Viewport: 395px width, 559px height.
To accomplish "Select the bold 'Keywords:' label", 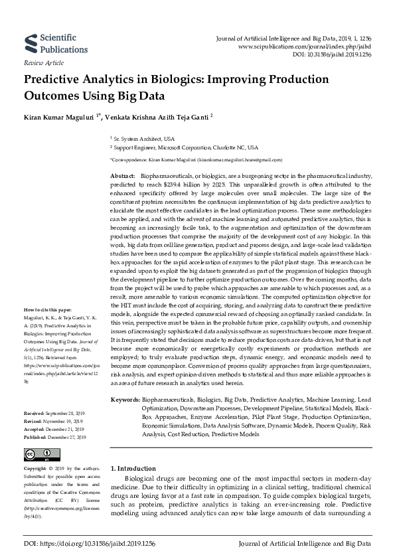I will coord(125,400).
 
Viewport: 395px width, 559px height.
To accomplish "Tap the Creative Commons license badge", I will coord(38,455).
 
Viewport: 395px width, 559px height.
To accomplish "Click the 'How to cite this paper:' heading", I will coord(48,310).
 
